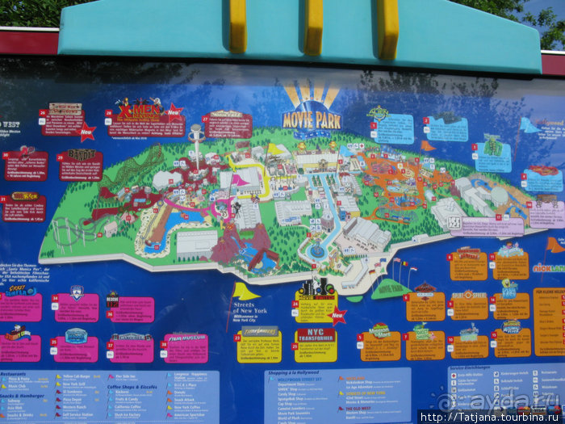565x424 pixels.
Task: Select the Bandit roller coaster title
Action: pyautogui.click(x=81, y=154)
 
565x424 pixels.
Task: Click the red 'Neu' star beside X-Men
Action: pyautogui.click(x=174, y=113)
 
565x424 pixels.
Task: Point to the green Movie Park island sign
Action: pyautogui.click(x=392, y=287)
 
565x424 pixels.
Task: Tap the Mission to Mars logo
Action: pyautogui.click(x=379, y=330)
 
